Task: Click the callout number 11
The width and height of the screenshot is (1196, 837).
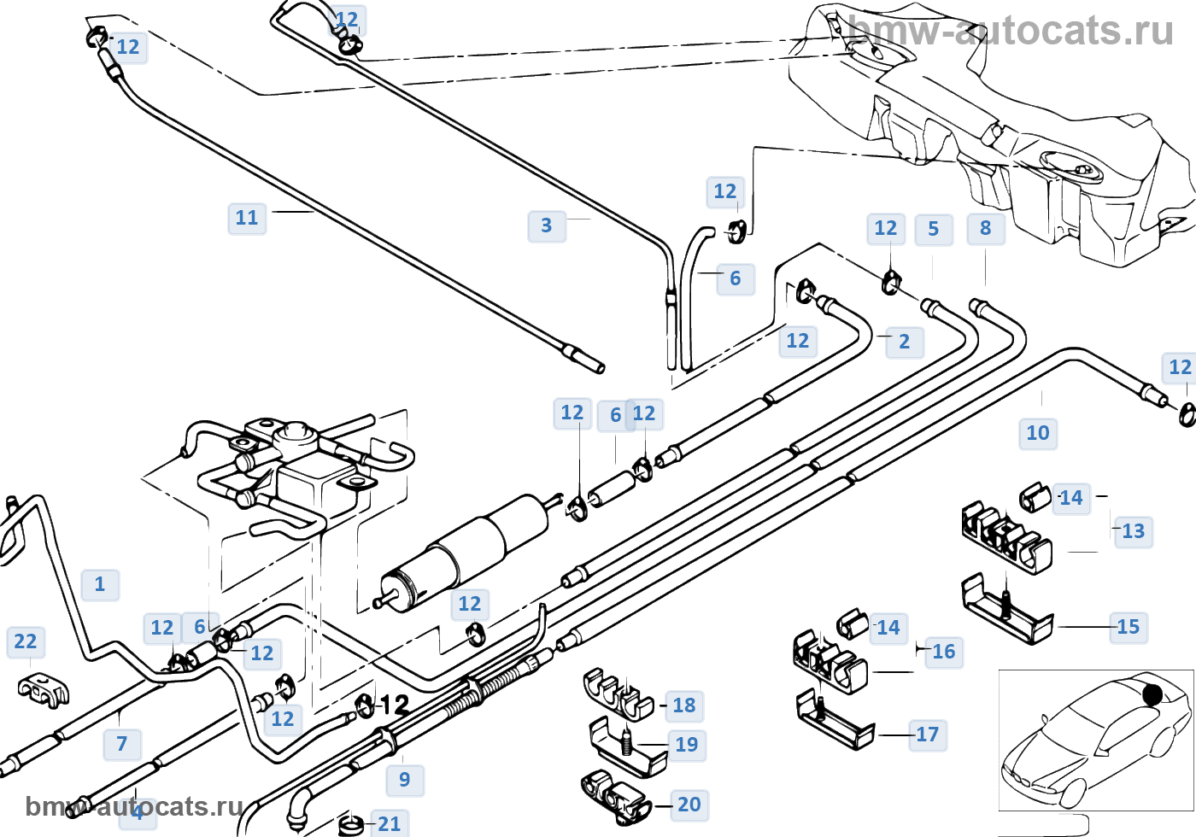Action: click(x=247, y=218)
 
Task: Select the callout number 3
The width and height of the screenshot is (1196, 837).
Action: click(x=547, y=225)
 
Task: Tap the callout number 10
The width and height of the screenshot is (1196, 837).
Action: click(x=1038, y=433)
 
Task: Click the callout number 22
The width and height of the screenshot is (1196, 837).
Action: click(x=26, y=641)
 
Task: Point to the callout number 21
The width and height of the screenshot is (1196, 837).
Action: click(x=390, y=823)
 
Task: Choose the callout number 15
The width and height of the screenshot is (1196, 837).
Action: click(x=1129, y=627)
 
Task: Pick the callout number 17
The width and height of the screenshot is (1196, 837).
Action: click(x=928, y=735)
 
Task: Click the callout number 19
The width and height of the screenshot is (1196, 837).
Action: click(x=687, y=745)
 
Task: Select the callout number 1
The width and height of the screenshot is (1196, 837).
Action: click(x=100, y=584)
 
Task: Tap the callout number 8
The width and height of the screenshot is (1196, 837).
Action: click(x=986, y=228)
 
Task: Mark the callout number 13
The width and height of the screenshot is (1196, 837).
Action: click(x=1134, y=531)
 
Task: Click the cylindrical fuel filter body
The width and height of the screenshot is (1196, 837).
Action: click(x=466, y=551)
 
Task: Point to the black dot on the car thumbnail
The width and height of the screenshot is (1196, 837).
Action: click(x=1152, y=694)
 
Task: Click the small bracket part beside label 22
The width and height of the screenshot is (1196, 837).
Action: click(x=43, y=689)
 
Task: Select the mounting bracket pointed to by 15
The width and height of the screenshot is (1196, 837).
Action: click(x=1008, y=608)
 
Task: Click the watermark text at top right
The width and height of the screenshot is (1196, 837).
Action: click(x=1011, y=32)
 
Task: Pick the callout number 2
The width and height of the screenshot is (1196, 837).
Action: click(x=905, y=342)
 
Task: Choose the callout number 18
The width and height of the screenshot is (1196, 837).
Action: click(x=684, y=705)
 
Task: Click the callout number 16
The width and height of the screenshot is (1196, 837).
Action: click(x=944, y=652)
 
